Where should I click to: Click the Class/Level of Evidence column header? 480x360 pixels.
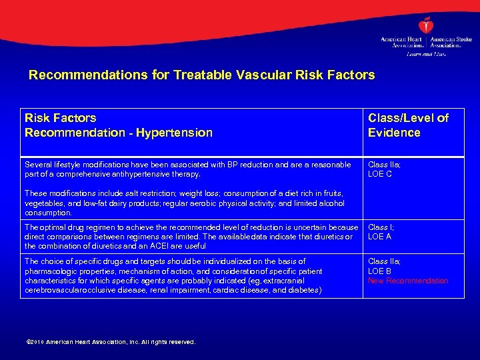click(x=408, y=125)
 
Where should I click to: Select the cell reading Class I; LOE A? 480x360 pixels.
click(x=382, y=232)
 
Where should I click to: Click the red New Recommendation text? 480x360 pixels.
click(x=408, y=281)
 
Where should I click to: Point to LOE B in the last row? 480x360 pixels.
click(x=380, y=271)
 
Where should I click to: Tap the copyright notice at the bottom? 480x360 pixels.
click(x=110, y=342)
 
